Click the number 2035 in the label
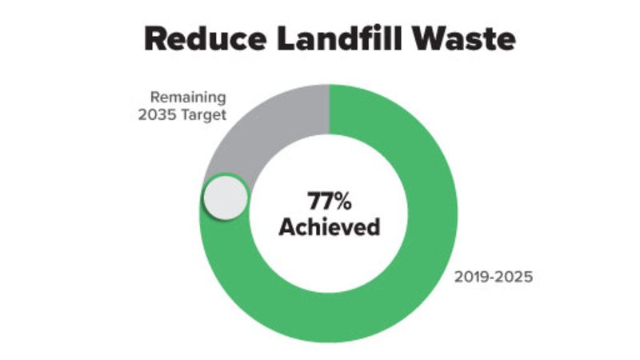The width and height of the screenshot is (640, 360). click(x=170, y=115)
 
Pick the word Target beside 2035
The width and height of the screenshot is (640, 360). click(x=208, y=115)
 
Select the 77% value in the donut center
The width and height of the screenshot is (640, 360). click(x=328, y=201)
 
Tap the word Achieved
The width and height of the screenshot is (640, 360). click(x=328, y=226)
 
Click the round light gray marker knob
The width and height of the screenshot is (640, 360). click(x=224, y=198)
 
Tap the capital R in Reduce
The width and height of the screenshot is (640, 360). click(x=157, y=38)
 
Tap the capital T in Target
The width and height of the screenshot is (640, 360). click(x=192, y=115)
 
